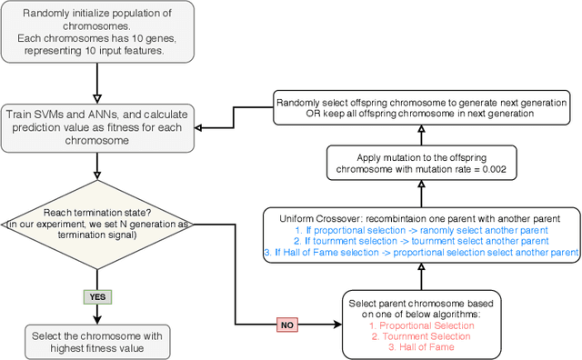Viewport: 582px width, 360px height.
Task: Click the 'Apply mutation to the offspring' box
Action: [x=420, y=165]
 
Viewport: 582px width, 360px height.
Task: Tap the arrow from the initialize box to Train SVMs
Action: [x=96, y=85]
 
